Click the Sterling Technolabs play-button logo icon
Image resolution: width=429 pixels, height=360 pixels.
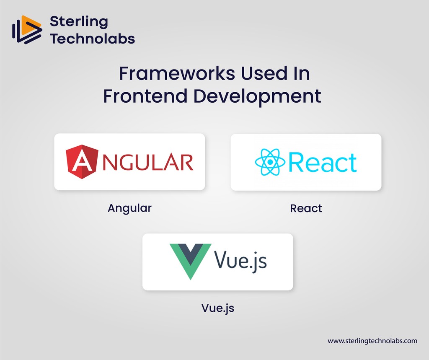[27, 31]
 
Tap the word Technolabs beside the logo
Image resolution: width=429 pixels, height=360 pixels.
[92, 39]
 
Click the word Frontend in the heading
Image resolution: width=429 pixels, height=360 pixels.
[145, 96]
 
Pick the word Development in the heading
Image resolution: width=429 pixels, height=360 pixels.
[257, 97]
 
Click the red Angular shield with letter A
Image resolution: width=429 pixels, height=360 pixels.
[82, 161]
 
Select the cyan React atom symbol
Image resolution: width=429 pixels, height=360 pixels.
[270, 162]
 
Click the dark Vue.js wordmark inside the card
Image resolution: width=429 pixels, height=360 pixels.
[240, 261]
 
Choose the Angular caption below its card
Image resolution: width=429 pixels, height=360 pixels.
[129, 208]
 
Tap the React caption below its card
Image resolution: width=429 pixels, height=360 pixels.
[306, 208]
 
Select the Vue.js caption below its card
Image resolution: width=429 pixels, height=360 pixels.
[217, 308]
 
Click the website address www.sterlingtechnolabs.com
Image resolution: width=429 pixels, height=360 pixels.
[372, 341]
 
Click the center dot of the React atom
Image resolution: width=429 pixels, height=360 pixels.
[270, 162]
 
